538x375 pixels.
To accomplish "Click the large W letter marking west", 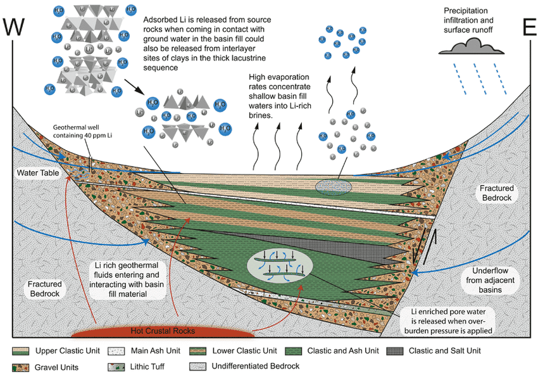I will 18,28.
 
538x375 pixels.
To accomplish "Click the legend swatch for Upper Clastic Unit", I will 21,350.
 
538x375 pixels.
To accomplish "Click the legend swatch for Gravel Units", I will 21,366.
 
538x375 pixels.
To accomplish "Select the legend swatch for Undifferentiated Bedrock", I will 200,366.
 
